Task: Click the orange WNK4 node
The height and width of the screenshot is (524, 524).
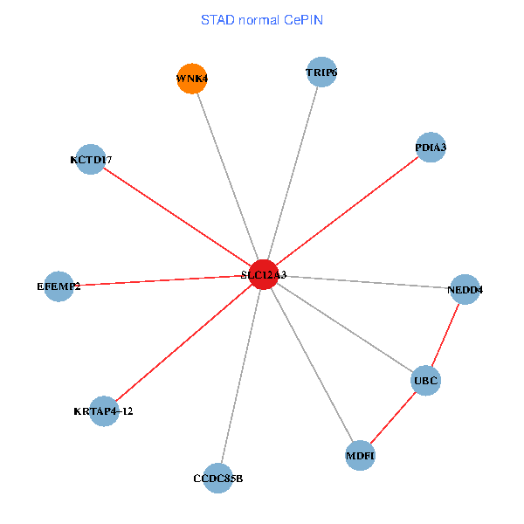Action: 192,79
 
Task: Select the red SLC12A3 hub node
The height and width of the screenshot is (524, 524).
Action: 264,274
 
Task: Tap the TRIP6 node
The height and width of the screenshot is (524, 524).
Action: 321,72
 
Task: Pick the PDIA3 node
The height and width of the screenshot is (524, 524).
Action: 431,147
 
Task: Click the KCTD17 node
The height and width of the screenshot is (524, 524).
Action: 91,160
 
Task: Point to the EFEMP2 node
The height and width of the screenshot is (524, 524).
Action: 59,286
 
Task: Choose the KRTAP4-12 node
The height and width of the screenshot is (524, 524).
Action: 104,411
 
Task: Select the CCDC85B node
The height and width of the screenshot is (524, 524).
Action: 217,479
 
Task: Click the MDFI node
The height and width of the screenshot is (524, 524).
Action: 360,456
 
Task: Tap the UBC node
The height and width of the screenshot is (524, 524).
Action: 426,380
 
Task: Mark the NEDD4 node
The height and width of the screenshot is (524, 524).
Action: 465,289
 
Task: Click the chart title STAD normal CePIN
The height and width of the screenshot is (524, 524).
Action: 262,20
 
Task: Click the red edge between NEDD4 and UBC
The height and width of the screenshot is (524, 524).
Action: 445,334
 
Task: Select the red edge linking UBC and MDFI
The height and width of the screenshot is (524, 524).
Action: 393,417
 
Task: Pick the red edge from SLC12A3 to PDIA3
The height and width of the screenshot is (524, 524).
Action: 348,210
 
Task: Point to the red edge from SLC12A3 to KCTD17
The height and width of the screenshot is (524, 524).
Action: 177,217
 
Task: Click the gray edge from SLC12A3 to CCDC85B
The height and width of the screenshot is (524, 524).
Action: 241,376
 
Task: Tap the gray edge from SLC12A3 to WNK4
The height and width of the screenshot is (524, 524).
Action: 228,176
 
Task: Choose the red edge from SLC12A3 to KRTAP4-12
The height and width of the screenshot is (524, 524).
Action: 183,342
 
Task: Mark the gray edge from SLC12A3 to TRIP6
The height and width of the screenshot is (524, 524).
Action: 293,174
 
